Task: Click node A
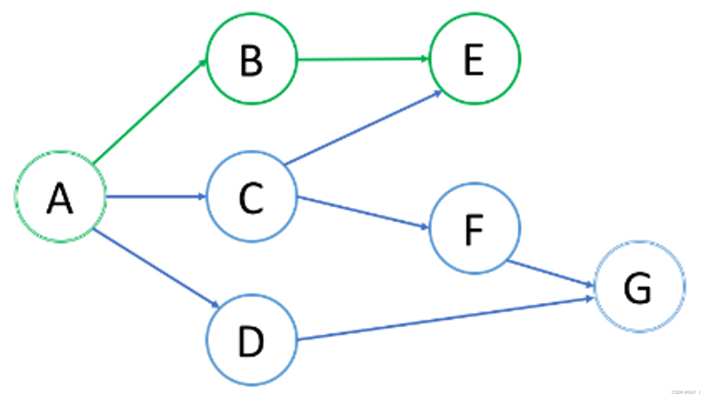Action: tap(61, 197)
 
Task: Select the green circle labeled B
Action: tap(252, 59)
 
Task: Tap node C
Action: tap(252, 197)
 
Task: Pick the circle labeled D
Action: tap(252, 340)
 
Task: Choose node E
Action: tap(474, 59)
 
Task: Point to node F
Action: tap(474, 228)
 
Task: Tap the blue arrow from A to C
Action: tap(156, 197)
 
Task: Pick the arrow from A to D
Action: tap(156, 268)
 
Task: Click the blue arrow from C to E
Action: tap(363, 128)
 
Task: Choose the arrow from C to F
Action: tap(363, 212)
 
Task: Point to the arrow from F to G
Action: tap(550, 273)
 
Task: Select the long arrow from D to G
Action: tap(444, 319)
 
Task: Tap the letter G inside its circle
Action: tap(637, 288)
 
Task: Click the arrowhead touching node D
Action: tap(215, 305)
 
